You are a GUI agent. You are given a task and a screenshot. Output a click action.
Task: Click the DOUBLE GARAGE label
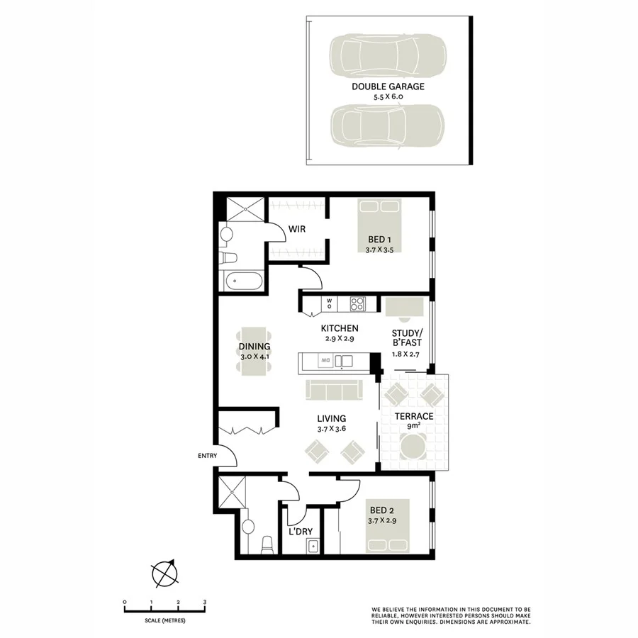click(x=388, y=86)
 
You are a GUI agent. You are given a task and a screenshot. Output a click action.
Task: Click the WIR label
click(x=296, y=229)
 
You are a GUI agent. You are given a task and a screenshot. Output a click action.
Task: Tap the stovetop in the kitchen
click(x=357, y=304)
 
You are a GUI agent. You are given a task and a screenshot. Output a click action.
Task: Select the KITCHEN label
click(x=340, y=328)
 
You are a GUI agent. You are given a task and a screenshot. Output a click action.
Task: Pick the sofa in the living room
click(x=334, y=390)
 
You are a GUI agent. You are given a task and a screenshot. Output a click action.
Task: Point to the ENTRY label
click(x=198, y=456)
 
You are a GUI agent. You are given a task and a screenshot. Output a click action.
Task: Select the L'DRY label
click(x=301, y=531)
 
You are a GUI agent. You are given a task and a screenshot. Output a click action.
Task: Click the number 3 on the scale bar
click(x=205, y=602)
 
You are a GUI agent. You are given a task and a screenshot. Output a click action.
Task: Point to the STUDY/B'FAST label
click(x=408, y=338)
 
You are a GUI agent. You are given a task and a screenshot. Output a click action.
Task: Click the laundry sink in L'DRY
click(x=312, y=546)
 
